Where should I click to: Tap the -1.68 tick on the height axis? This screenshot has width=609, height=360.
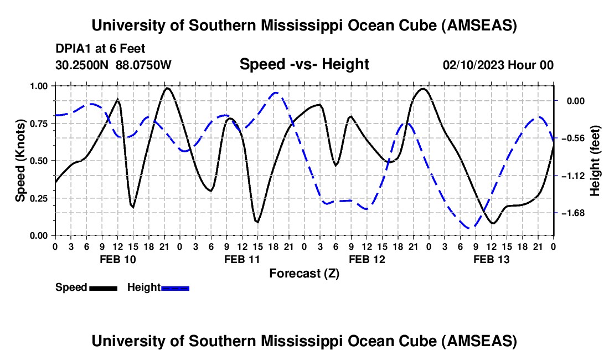(x=575, y=213)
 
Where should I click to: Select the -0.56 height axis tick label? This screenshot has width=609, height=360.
(x=575, y=138)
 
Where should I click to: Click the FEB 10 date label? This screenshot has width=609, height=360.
(x=118, y=259)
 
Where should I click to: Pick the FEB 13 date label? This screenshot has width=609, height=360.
(x=491, y=259)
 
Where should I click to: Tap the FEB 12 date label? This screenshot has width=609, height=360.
(x=367, y=259)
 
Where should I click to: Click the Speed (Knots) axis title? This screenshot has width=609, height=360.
(x=20, y=161)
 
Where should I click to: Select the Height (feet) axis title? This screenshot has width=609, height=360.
(x=595, y=161)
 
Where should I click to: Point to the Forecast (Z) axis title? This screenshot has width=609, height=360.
(x=304, y=274)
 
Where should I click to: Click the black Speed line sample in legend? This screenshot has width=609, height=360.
(x=104, y=288)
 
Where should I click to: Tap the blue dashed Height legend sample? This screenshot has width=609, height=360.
(x=175, y=288)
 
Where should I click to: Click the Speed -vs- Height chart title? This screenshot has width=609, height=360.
(x=304, y=64)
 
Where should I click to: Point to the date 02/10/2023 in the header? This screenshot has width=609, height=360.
(x=473, y=65)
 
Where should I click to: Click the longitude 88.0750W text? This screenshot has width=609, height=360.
(x=143, y=65)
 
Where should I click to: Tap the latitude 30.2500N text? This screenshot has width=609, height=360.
(x=82, y=65)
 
